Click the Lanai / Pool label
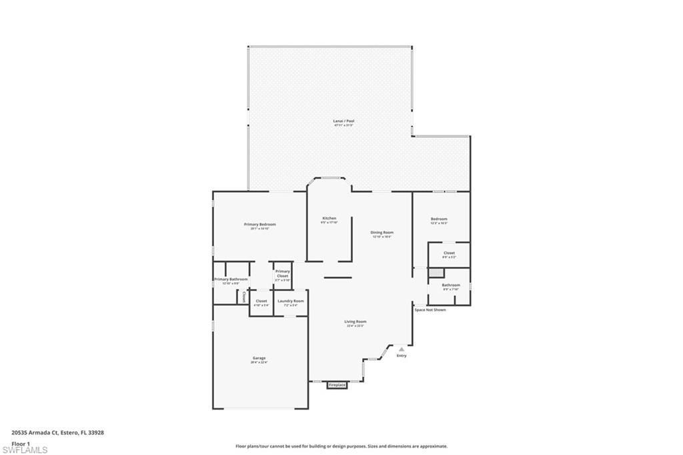344,121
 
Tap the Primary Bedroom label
259,225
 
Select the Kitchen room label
329,219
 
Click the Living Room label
355,322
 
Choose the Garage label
259,359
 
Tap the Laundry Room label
291,302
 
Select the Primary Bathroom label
231,280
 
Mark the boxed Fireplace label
337,385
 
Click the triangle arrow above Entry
402,349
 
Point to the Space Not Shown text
430,310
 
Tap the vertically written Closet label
244,296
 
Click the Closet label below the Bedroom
449,254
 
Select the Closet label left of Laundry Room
261,302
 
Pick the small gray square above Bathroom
436,273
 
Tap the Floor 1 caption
21,444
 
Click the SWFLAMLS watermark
25,450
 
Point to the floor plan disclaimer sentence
341,446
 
